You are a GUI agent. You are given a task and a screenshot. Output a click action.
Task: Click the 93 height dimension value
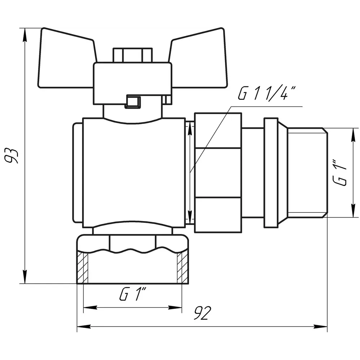pos(12,156)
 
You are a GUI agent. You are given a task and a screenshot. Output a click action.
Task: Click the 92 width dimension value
pos(202,313)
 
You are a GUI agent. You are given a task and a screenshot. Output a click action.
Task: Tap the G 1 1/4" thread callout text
pos(266,94)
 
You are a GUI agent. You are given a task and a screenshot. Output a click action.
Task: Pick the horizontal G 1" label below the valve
pos(133,294)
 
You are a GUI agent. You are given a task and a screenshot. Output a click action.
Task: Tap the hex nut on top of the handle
pos(132,55)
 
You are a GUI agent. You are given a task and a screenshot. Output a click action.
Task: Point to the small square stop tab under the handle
pos(133,102)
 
